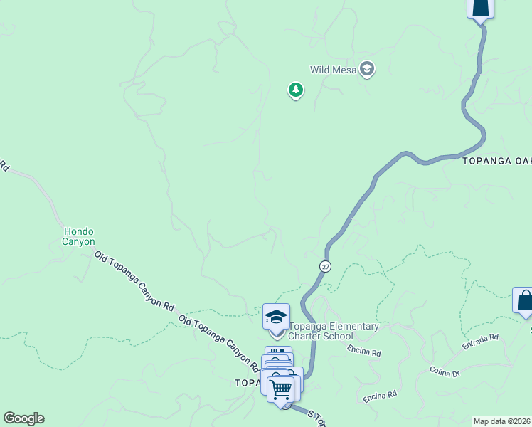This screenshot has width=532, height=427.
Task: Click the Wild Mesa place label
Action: point(333,70)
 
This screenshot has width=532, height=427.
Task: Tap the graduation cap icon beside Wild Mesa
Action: point(367,69)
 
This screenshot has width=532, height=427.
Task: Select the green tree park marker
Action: point(295,90)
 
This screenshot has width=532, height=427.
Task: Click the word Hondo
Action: point(79,232)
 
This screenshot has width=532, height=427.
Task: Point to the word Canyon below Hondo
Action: point(79,242)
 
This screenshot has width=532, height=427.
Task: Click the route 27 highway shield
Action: point(325,266)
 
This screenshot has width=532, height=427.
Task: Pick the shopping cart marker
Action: point(282,389)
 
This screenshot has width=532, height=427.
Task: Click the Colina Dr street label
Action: point(445,372)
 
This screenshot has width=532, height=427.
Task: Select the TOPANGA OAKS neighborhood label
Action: point(496,161)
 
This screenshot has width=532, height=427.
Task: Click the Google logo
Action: point(23,418)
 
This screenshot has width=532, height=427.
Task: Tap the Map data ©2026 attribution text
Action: point(502,421)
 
